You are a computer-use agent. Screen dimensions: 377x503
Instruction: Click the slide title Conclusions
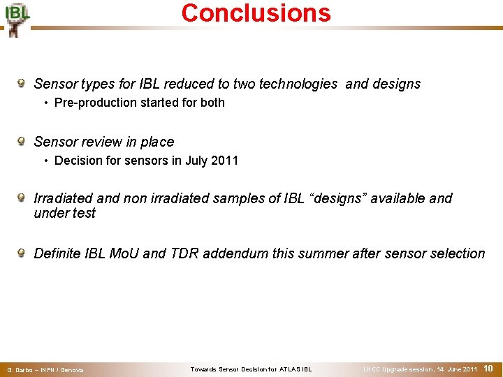[x=256, y=13]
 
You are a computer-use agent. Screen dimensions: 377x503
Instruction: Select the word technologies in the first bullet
[x=298, y=84]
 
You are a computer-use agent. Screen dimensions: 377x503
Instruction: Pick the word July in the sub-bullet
[x=197, y=161]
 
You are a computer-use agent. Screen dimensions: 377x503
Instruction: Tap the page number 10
[x=489, y=368]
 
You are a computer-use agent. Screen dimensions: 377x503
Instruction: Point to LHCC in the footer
[x=372, y=369]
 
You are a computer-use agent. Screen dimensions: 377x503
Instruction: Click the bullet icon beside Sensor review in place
[x=22, y=142]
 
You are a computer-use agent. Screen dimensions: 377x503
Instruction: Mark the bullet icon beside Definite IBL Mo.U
[x=22, y=253]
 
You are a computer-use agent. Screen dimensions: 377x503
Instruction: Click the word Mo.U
[x=126, y=254]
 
